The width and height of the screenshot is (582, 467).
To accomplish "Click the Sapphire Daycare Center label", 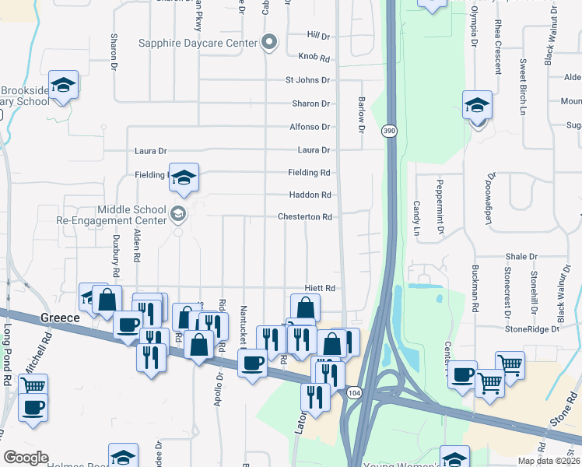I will [x=198, y=43].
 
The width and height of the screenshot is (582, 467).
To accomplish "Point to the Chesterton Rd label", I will [x=305, y=216].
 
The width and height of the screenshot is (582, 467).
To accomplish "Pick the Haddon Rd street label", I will [x=311, y=195].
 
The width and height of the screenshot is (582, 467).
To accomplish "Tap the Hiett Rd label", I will [x=319, y=288].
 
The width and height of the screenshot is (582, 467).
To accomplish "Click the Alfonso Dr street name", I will [x=310, y=127].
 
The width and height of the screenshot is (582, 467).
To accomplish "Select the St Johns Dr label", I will [x=308, y=80].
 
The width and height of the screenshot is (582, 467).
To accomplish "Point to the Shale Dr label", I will [x=521, y=256].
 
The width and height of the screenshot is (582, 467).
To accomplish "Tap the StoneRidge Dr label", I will [x=532, y=329].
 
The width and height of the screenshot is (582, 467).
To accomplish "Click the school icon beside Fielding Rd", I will [x=184, y=178].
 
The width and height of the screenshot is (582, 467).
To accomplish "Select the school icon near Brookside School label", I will [x=63, y=85].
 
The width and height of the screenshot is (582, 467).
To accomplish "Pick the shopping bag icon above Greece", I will [x=107, y=299].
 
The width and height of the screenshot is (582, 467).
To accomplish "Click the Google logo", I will [x=26, y=458].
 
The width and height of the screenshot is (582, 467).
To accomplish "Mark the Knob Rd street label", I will [x=314, y=58].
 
